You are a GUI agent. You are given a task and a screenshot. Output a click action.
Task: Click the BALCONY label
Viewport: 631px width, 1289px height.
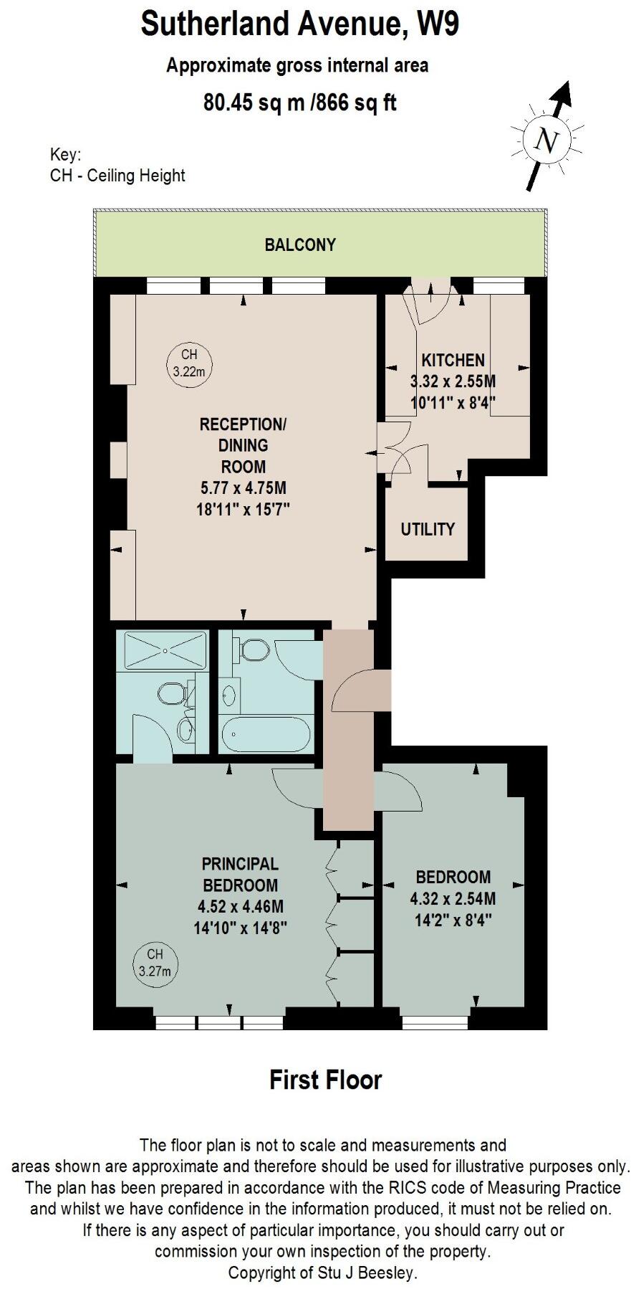(x=299, y=244)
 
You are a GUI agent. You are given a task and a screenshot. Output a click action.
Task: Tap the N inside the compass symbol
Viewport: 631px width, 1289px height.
(x=547, y=140)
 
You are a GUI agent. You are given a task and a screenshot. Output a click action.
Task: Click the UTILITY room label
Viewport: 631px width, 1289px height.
(x=428, y=529)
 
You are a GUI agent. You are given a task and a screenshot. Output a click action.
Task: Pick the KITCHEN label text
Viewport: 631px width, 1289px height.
(x=453, y=360)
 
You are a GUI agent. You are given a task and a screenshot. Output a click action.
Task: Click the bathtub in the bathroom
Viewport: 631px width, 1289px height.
(x=265, y=733)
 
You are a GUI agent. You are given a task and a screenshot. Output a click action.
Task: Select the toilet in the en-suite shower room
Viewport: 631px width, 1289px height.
(x=170, y=693)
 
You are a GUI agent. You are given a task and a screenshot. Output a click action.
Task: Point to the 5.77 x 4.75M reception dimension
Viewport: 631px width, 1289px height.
(x=243, y=488)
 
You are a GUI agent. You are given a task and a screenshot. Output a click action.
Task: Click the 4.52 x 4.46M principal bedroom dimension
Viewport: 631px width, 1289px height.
(x=240, y=906)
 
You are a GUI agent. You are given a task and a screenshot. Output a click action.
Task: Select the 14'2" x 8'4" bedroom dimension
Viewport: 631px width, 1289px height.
(x=453, y=919)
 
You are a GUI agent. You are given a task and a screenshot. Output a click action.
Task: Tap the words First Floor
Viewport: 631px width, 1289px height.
(x=325, y=1080)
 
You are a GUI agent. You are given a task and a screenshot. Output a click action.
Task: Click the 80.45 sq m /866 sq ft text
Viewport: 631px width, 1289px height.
(x=299, y=103)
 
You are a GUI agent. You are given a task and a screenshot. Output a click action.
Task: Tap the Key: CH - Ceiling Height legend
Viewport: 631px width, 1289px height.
(x=117, y=166)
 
